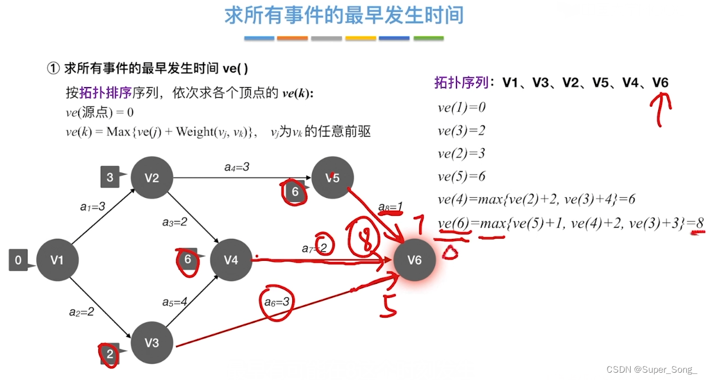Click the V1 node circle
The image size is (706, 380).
coord(57,260)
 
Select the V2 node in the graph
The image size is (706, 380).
coord(152,178)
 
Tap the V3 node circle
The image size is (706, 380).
coord(152,342)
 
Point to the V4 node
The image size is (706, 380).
coord(231,260)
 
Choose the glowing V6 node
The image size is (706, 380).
coord(414,260)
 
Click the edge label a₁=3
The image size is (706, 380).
coord(93,207)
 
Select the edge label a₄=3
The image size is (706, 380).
coord(237,167)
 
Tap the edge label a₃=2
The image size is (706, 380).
coord(175,222)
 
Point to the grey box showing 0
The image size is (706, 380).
coord(19,260)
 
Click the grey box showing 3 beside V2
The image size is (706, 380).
coord(110,178)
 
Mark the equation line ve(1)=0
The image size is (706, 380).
coord(461,107)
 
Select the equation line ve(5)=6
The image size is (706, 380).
coord(461,177)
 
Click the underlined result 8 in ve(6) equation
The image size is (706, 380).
coord(699,224)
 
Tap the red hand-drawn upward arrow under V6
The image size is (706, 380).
coord(661,108)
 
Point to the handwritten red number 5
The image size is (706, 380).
coord(389,304)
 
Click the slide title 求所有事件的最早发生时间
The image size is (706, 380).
coord(344,15)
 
